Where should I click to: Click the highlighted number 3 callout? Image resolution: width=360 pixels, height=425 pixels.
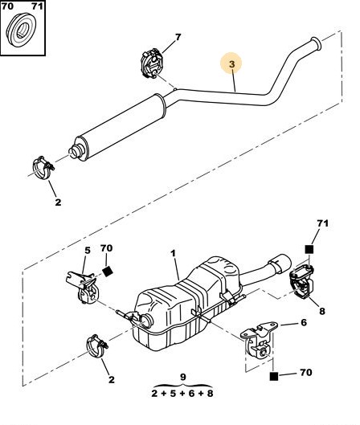click(x=231, y=64)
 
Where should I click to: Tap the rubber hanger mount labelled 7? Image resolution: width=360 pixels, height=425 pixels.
click(x=151, y=63)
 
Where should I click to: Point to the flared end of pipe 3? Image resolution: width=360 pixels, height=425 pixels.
click(x=316, y=44)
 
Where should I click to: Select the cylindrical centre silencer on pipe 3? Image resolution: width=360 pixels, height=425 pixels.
click(x=118, y=127)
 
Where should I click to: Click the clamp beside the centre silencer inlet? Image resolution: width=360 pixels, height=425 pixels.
click(x=43, y=168)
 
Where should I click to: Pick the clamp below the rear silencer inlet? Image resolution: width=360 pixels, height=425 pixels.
click(x=96, y=345)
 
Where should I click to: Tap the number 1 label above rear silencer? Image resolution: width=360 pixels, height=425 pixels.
click(x=174, y=254)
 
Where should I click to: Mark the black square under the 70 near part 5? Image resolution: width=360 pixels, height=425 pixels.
click(x=108, y=272)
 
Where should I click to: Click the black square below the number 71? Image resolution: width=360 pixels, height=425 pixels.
click(x=309, y=249)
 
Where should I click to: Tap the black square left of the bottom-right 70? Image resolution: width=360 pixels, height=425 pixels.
click(x=274, y=377)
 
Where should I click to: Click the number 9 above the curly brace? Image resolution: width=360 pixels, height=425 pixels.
click(x=183, y=377)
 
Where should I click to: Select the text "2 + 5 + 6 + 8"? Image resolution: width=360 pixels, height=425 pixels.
click(x=182, y=393)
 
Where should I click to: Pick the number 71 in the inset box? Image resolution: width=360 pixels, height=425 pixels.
click(x=37, y=6)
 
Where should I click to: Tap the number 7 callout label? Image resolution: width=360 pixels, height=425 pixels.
click(x=178, y=37)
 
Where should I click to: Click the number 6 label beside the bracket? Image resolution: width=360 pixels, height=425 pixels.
click(x=304, y=322)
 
